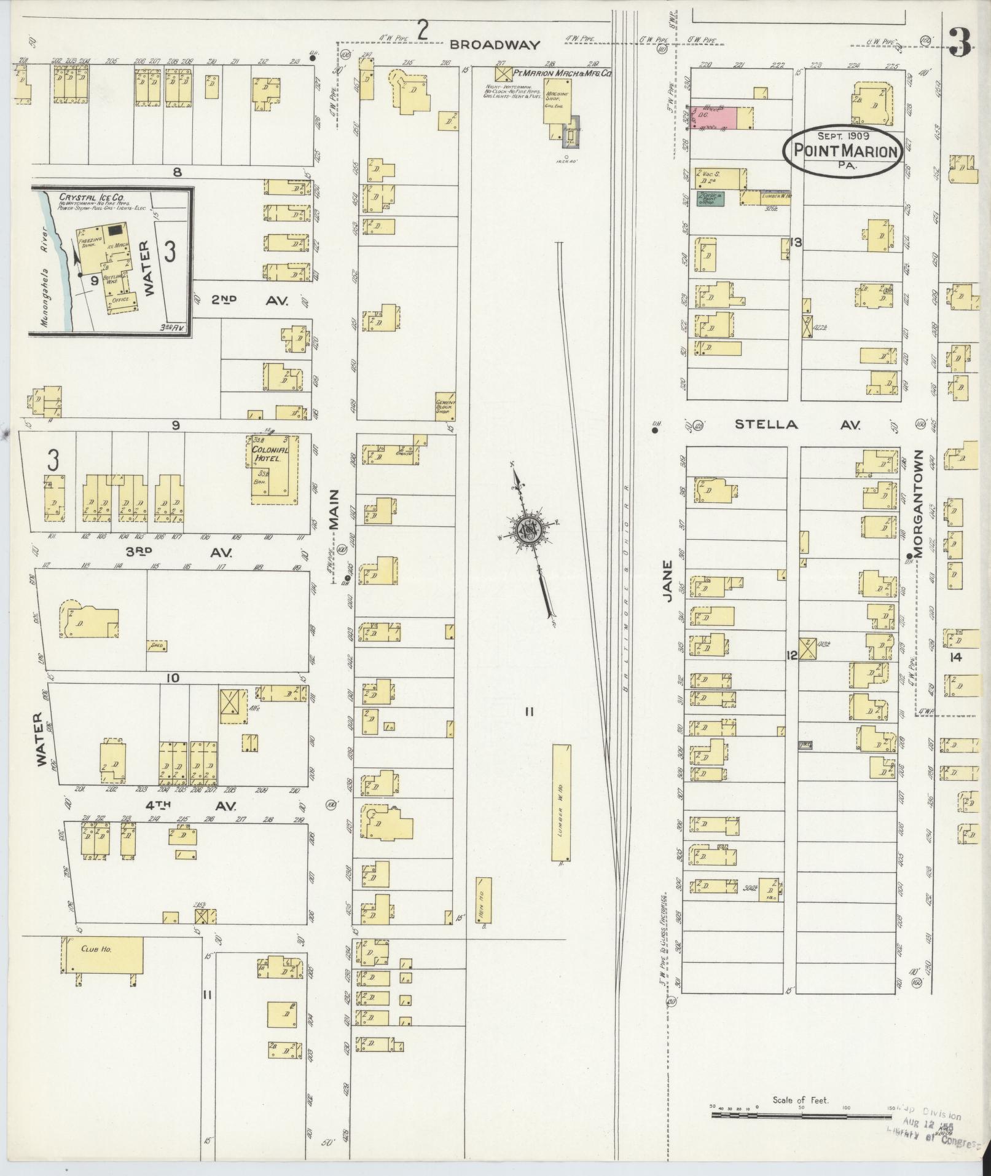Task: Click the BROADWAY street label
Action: coord(495,45)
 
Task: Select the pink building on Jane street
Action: coord(715,117)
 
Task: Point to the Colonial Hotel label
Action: coord(270,454)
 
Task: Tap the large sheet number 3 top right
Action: coord(959,42)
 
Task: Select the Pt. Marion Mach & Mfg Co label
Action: coord(563,73)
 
